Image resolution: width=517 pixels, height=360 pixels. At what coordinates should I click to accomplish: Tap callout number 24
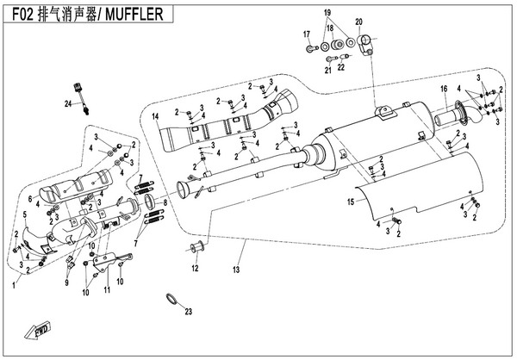click(66, 102)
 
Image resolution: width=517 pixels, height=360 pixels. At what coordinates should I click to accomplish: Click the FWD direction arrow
click(40, 328)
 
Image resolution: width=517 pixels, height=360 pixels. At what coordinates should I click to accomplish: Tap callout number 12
click(195, 269)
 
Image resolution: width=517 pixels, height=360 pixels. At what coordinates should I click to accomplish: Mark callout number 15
click(351, 202)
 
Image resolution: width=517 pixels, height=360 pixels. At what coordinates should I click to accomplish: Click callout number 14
click(156, 115)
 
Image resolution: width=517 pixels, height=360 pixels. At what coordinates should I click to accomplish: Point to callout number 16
click(444, 89)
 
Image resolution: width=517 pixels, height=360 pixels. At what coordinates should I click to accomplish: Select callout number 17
click(306, 34)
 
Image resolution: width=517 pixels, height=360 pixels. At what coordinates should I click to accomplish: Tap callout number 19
click(327, 15)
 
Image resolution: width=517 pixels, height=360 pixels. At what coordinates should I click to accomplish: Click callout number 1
click(14, 282)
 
